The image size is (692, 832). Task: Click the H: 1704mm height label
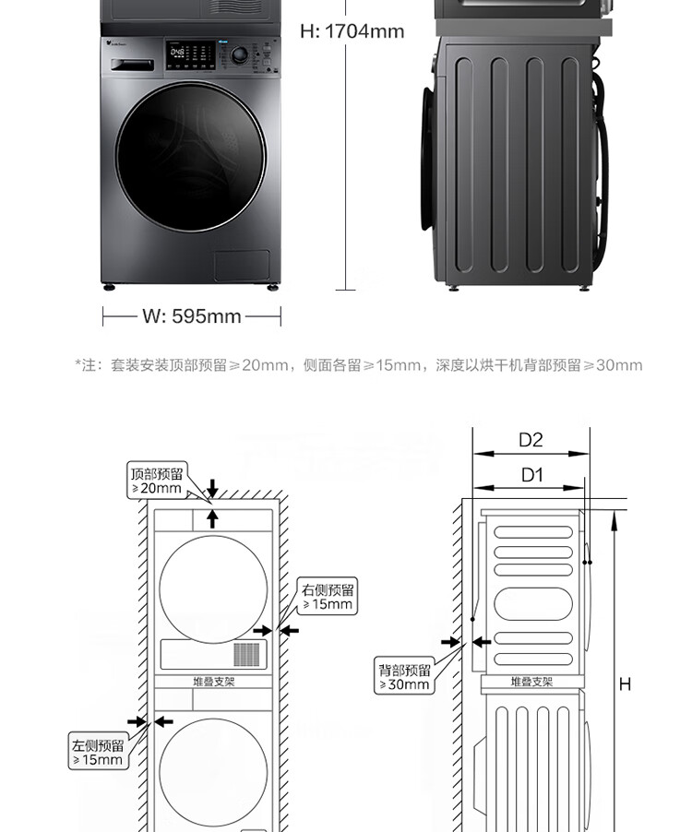352,31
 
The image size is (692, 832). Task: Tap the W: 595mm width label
191,316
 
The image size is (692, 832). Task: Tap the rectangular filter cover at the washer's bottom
242,266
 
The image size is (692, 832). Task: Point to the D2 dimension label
531,440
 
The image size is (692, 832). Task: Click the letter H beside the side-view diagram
625,684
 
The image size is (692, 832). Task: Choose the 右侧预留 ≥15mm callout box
327,597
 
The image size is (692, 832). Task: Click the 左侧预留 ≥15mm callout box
97,753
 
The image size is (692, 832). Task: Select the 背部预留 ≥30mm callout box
404,677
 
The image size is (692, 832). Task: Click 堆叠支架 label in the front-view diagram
213,682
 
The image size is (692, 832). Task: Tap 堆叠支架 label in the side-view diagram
531,683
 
